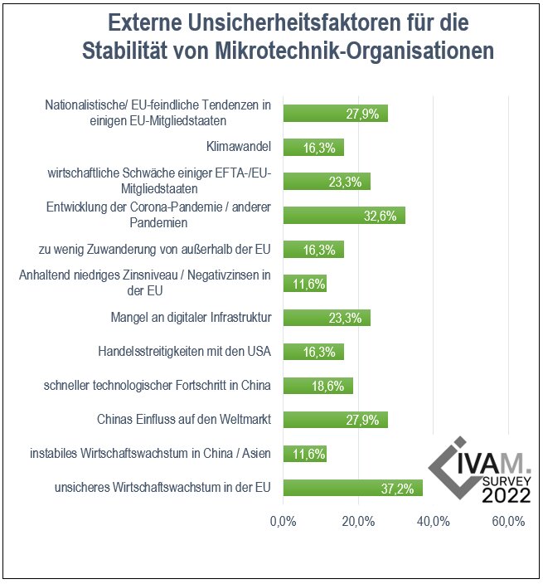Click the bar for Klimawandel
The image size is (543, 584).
pyautogui.click(x=313, y=148)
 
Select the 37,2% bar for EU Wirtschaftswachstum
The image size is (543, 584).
pyautogui.click(x=352, y=488)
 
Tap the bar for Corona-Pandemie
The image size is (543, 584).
pyautogui.click(x=344, y=216)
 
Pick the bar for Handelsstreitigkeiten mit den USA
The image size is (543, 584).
pyautogui.click(x=313, y=352)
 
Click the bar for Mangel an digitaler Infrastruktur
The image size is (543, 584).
pyautogui.click(x=327, y=318)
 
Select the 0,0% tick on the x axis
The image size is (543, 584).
pyautogui.click(x=284, y=522)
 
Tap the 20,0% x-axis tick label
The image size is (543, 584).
pyautogui.click(x=358, y=522)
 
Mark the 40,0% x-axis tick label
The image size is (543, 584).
pyautogui.click(x=433, y=522)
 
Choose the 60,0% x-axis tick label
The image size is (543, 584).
pyautogui.click(x=507, y=522)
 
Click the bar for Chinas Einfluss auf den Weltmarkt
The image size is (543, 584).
pyautogui.click(x=335, y=420)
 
